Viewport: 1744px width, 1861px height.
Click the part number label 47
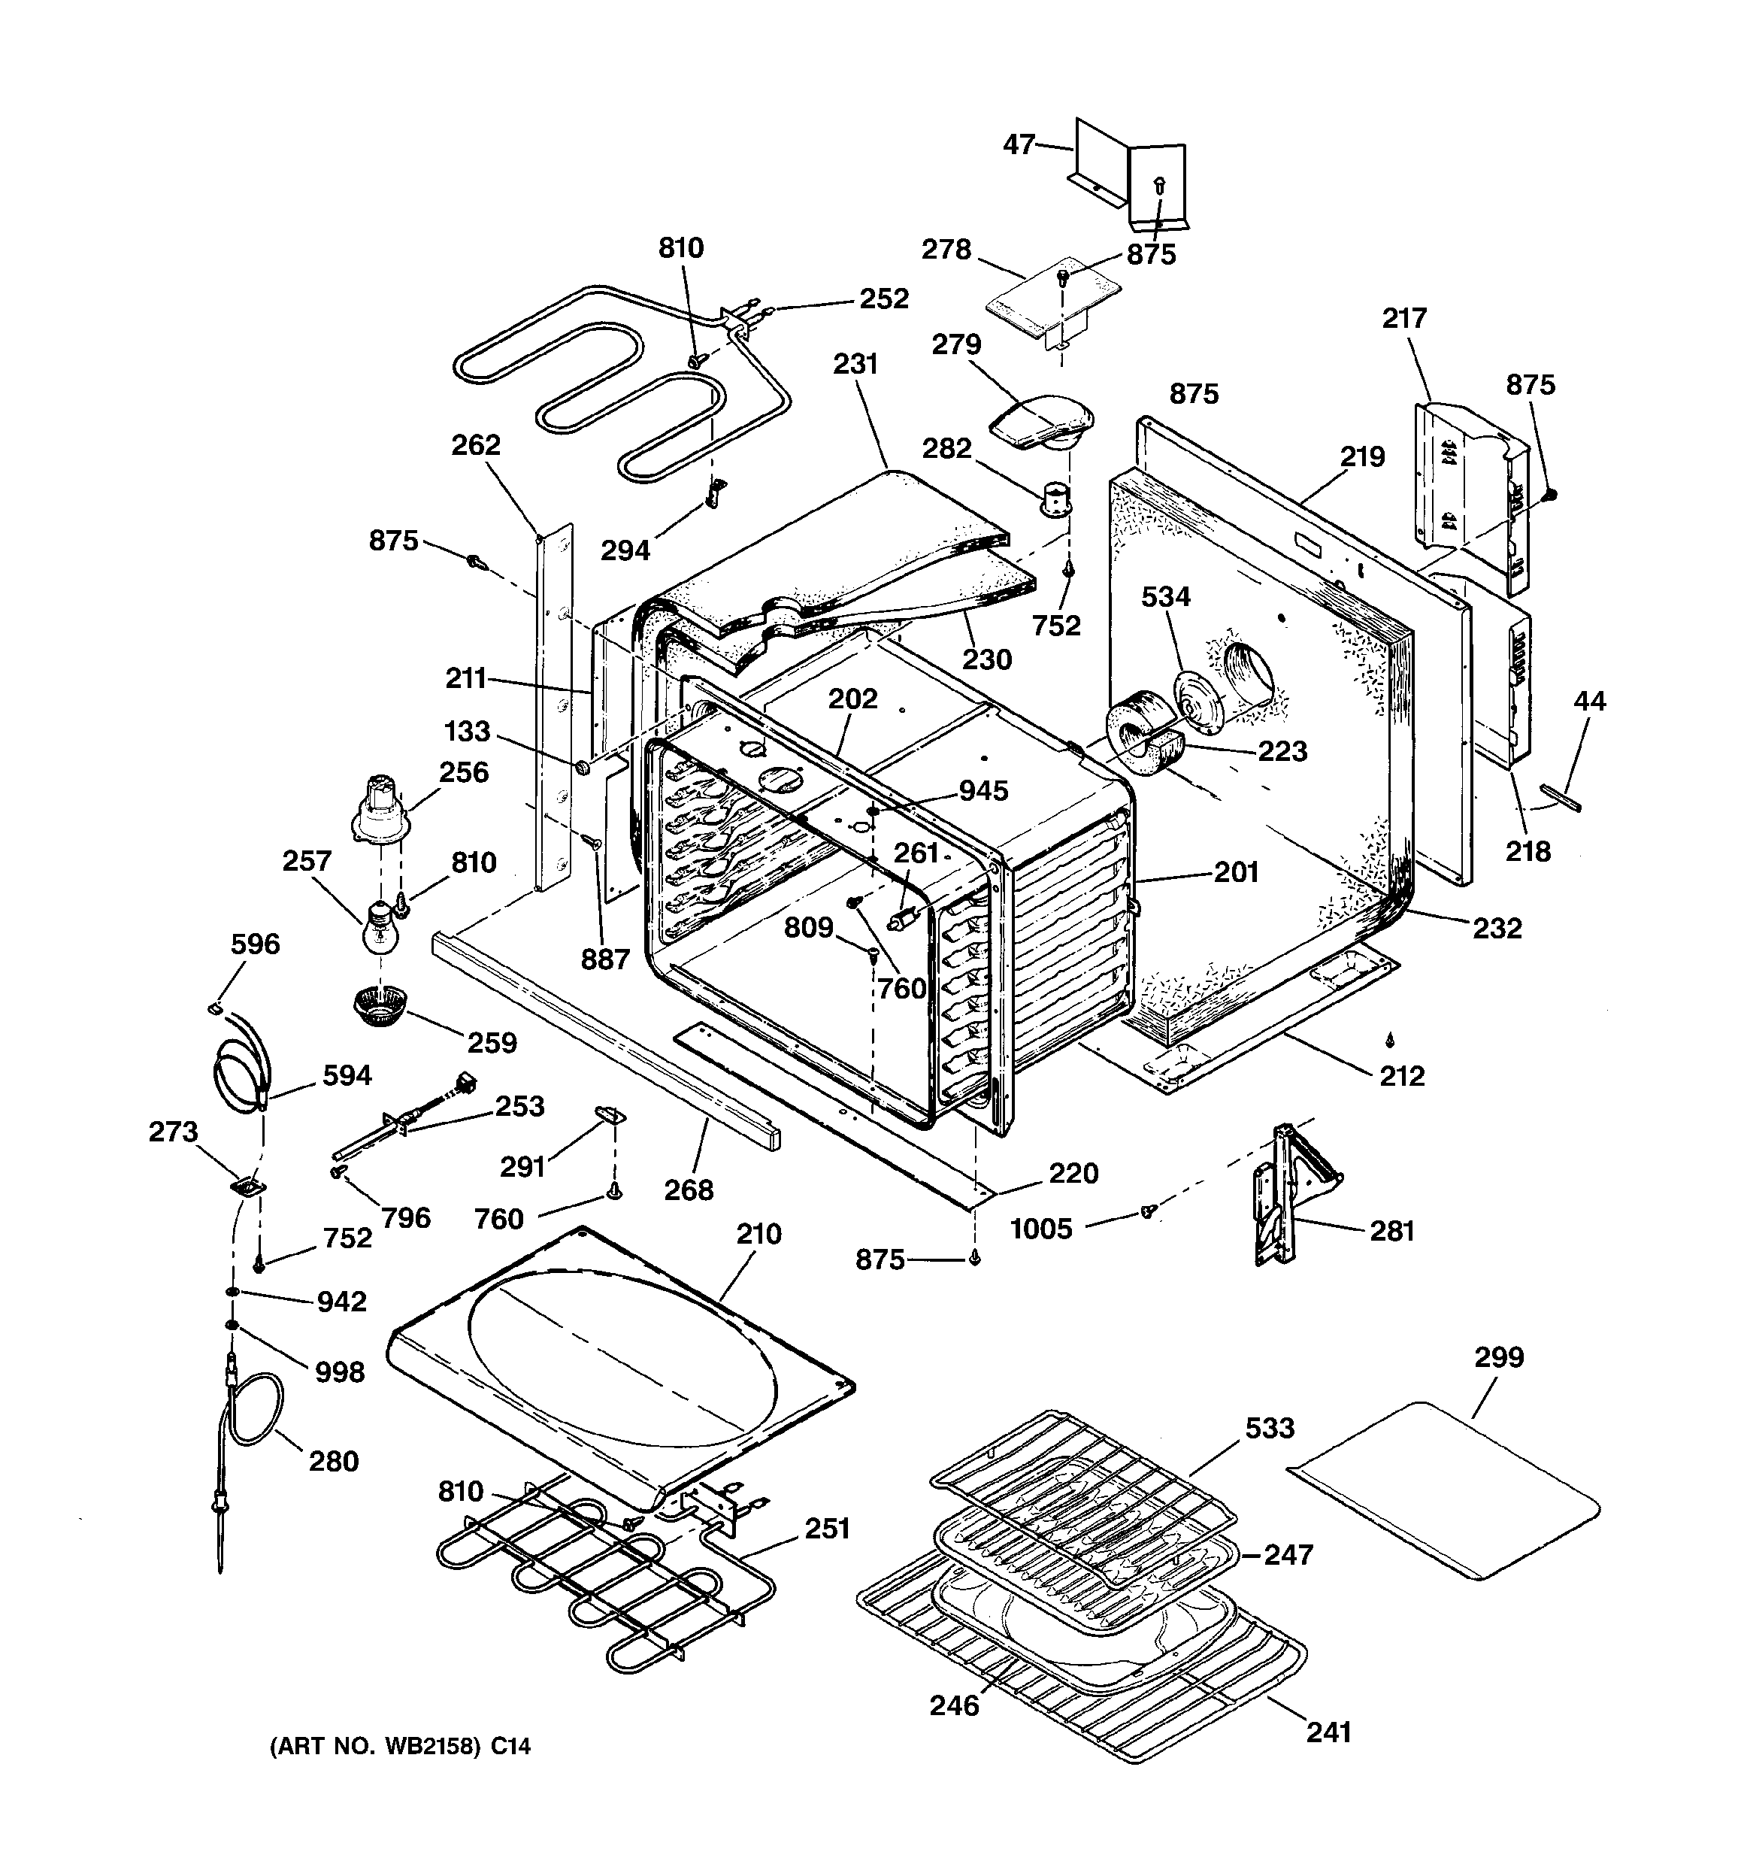1019,144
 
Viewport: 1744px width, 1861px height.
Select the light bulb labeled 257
381,927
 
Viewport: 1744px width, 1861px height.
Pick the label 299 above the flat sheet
1499,1356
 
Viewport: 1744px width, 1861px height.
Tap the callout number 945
983,790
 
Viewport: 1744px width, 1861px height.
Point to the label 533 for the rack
1270,1428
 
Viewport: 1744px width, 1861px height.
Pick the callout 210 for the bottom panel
758,1234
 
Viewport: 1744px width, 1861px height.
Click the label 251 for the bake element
828,1528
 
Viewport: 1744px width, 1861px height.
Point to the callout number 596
255,944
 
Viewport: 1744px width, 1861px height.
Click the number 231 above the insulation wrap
855,363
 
